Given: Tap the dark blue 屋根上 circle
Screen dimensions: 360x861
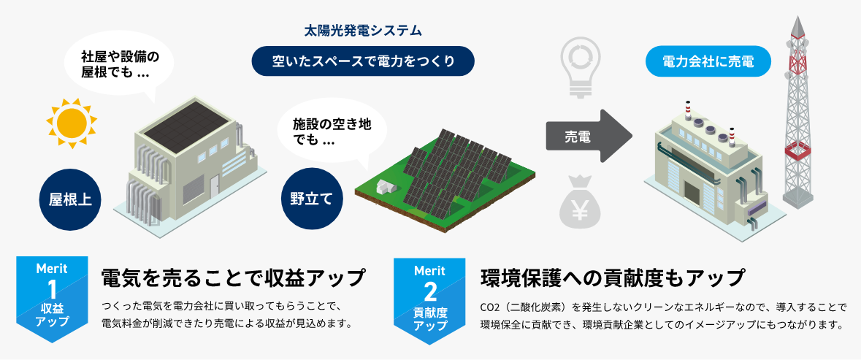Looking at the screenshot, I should click(x=71, y=199).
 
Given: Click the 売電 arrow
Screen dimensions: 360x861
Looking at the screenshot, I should click(x=589, y=137).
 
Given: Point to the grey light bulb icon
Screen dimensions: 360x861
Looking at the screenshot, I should click(x=582, y=66).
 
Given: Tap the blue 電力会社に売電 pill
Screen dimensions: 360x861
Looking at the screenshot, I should click(x=708, y=62).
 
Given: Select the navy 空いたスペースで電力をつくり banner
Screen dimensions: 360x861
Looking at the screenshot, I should click(x=363, y=61).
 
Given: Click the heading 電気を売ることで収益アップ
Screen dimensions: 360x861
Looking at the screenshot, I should click(x=232, y=278).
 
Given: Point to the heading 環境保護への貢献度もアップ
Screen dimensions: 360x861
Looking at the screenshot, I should click(x=613, y=278).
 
